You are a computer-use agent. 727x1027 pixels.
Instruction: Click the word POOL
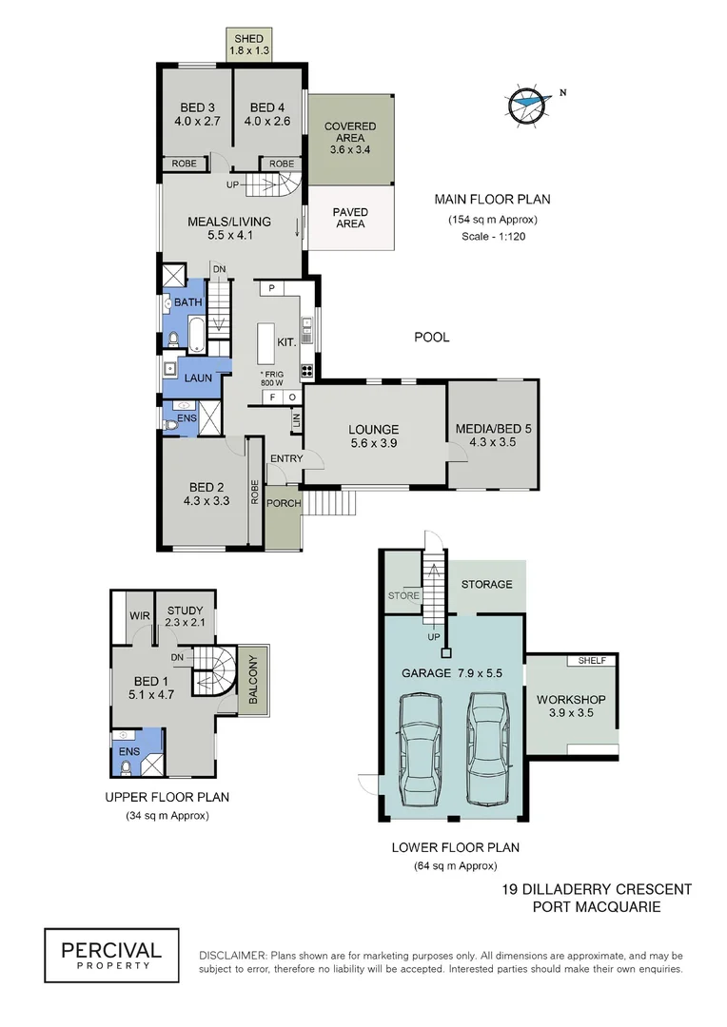pos(431,337)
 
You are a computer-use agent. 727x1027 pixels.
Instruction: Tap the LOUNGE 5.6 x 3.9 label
pos(373,436)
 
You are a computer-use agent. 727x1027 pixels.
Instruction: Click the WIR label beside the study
pos(135,613)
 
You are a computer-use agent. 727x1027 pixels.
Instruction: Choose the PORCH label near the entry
pos(284,503)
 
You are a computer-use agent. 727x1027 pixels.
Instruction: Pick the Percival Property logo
pos(111,954)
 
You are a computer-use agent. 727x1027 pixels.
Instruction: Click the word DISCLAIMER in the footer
pos(232,955)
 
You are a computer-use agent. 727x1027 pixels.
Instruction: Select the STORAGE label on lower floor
pos(486,584)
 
